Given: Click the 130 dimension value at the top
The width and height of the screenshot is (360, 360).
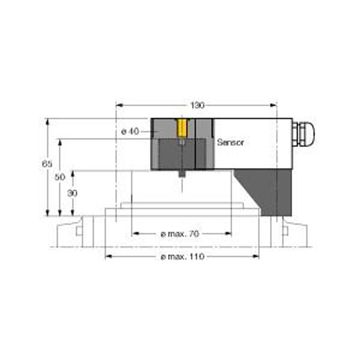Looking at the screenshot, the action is point(197,106).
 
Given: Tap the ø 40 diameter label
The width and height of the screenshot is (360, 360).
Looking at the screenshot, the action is point(130,131).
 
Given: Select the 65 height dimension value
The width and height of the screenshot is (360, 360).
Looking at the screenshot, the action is point(47,164).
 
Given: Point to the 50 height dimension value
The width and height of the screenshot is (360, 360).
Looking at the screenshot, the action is point(59,177).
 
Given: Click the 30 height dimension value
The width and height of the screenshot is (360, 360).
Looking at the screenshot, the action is point(73,193).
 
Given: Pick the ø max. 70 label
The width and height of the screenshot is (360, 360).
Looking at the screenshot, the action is point(180,234).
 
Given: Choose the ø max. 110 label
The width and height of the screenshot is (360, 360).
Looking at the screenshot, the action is point(182,256).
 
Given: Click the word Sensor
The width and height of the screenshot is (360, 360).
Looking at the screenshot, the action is point(230,142).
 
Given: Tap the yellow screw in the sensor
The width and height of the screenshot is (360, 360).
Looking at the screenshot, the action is point(182,128).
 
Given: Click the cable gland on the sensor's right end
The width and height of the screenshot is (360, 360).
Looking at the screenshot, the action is point(304,134).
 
